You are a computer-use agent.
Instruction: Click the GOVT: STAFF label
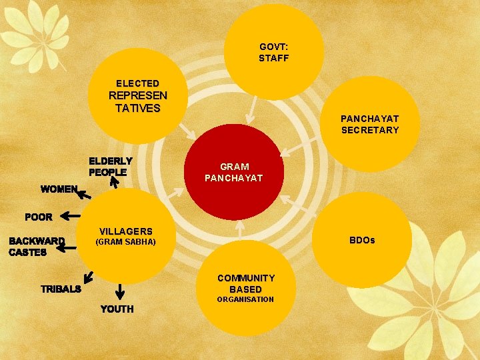274,53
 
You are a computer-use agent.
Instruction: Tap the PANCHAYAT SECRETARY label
370,125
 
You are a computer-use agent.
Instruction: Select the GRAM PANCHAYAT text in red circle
233,172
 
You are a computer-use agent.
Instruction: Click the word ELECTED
137,83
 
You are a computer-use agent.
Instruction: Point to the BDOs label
362,239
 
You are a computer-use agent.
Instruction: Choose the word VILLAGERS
126,231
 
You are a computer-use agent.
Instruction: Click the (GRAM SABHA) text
126,242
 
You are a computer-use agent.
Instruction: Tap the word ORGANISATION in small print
245,299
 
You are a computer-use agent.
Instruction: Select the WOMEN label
59,189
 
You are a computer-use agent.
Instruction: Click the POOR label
39,217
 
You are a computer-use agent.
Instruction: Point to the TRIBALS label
61,289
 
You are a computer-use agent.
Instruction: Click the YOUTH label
117,309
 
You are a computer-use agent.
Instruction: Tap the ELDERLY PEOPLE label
111,167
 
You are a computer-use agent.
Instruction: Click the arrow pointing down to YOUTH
120,291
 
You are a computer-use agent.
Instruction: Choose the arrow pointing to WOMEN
84,194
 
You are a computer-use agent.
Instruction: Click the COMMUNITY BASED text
245,283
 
